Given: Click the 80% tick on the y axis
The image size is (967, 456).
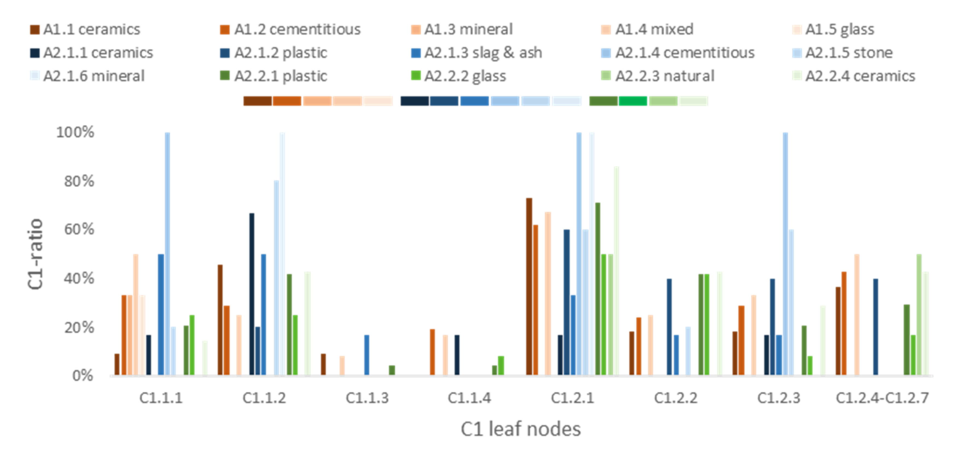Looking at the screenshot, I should (79, 181).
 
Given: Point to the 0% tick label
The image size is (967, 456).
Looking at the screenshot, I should (83, 375).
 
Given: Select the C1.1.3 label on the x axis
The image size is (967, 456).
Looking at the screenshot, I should (367, 398).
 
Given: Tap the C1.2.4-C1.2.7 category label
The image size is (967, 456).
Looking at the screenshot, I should (882, 398).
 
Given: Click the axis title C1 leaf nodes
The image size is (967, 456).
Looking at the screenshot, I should (521, 429).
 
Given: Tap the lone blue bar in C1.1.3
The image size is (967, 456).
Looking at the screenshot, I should (367, 355).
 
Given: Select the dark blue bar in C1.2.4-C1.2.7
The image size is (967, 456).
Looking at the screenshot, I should (875, 326).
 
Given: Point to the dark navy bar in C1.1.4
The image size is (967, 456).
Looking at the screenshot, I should (457, 355).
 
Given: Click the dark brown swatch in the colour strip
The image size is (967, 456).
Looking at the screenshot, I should (258, 101).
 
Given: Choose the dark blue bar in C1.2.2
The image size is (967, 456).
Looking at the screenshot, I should (669, 326).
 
